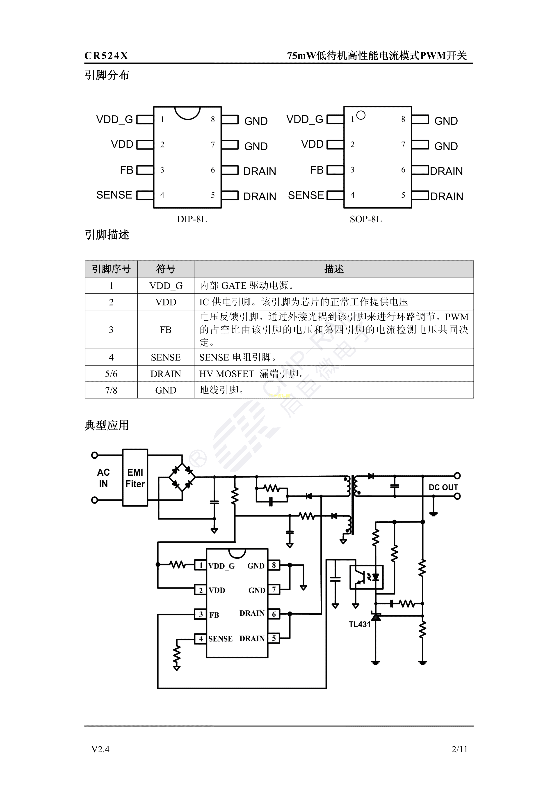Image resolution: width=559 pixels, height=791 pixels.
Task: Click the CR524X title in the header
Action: pyautogui.click(x=106, y=56)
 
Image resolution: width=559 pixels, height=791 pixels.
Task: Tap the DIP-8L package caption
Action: pyautogui.click(x=192, y=220)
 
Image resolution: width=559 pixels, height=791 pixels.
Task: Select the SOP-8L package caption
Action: pyautogui.click(x=365, y=220)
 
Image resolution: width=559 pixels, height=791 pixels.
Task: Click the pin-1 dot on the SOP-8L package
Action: pyautogui.click(x=360, y=115)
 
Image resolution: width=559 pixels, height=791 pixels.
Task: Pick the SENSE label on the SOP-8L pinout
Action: pyautogui.click(x=306, y=195)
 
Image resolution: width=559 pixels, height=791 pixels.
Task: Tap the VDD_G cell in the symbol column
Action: pyautogui.click(x=166, y=286)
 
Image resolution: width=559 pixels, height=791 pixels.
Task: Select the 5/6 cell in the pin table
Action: pyautogui.click(x=111, y=374)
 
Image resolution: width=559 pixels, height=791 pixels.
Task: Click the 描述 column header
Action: pyautogui.click(x=334, y=269)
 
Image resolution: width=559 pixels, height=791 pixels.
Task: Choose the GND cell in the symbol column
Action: pyautogui.click(x=166, y=390)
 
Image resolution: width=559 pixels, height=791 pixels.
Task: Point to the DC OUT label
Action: pyautogui.click(x=443, y=488)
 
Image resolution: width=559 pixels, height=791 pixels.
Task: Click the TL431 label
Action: pyautogui.click(x=359, y=624)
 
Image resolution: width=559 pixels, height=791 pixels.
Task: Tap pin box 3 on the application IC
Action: pyautogui.click(x=201, y=614)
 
